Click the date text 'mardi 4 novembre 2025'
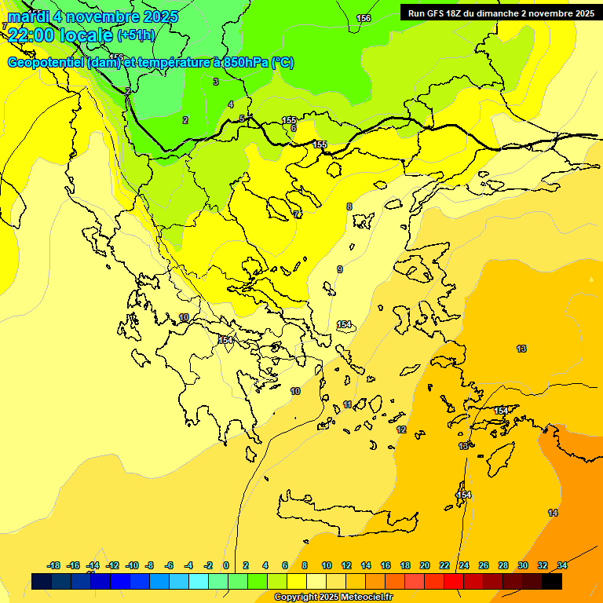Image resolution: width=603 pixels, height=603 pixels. click(93, 16)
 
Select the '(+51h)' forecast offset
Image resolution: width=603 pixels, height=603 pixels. click(136, 35)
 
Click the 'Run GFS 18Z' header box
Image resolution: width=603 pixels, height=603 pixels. click(500, 13)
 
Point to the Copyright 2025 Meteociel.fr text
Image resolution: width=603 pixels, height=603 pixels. click(333, 598)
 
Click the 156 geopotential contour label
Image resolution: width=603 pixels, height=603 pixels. click(364, 18)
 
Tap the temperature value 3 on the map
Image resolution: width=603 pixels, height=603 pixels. click(216, 82)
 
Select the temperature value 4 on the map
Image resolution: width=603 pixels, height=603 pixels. click(231, 104)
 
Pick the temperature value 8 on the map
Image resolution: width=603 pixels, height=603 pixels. click(349, 206)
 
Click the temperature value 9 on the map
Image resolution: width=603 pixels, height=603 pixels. click(340, 269)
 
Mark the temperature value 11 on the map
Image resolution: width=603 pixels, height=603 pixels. click(348, 405)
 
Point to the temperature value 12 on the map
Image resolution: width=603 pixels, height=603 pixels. click(401, 429)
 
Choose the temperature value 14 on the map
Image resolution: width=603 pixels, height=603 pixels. click(553, 513)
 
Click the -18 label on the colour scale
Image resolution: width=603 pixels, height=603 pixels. click(54, 565)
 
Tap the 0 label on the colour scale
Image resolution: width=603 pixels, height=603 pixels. click(226, 565)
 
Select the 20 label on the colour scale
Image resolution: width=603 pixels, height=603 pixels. click(425, 565)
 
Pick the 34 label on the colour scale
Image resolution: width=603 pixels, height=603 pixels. click(562, 565)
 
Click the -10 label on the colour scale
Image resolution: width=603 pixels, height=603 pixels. click(132, 565)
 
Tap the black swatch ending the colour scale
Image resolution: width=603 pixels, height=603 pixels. click(552, 581)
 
